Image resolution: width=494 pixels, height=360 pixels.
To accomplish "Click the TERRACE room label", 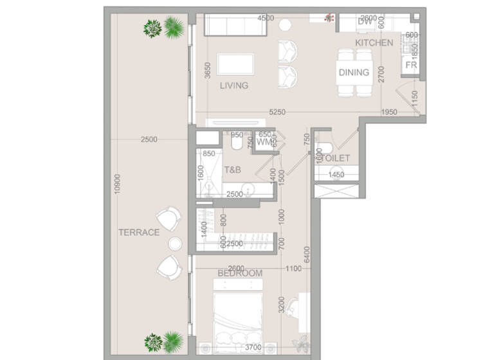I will click(x=138, y=233).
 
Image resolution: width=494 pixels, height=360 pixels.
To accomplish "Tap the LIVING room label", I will click(x=233, y=85).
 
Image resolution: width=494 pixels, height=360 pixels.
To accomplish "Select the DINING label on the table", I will click(x=354, y=73).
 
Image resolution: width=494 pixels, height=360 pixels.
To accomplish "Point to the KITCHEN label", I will click(x=374, y=42).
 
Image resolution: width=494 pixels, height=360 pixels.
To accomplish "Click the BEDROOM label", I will click(x=240, y=273).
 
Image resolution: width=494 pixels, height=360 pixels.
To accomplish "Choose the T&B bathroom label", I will click(x=232, y=170).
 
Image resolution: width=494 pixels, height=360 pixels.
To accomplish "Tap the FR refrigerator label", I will click(x=411, y=66).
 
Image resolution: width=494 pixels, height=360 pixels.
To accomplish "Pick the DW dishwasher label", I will click(x=365, y=22).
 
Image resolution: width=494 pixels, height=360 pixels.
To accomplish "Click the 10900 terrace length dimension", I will click(x=116, y=185).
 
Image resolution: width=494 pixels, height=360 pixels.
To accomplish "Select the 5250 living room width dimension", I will click(x=277, y=112).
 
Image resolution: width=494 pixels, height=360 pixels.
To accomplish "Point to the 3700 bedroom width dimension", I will click(x=253, y=348).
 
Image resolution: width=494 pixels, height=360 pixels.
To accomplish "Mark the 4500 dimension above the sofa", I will click(x=265, y=19).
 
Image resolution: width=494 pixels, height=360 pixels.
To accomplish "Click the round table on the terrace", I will click(x=176, y=243).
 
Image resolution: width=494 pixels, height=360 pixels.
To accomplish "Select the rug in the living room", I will click(x=235, y=65).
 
